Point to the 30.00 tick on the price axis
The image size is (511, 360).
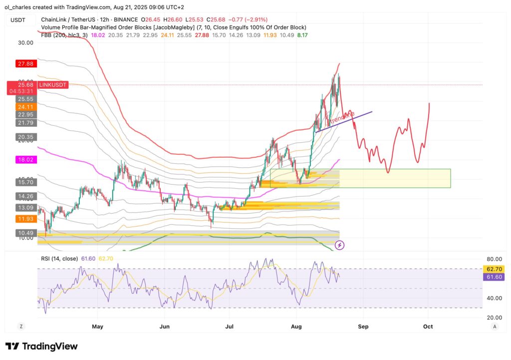[x=25, y=43]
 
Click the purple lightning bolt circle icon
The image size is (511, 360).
[x=339, y=245]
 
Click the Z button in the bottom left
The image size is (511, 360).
[x=21, y=326]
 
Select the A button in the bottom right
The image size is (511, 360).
[x=494, y=326]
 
